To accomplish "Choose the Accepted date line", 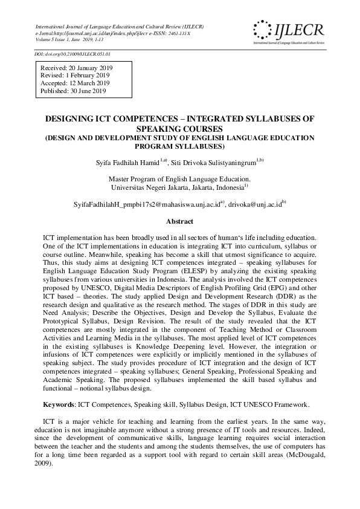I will [75, 83].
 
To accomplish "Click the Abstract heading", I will [179, 222].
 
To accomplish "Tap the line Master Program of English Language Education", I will [179, 180].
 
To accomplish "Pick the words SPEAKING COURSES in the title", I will [179, 129].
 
